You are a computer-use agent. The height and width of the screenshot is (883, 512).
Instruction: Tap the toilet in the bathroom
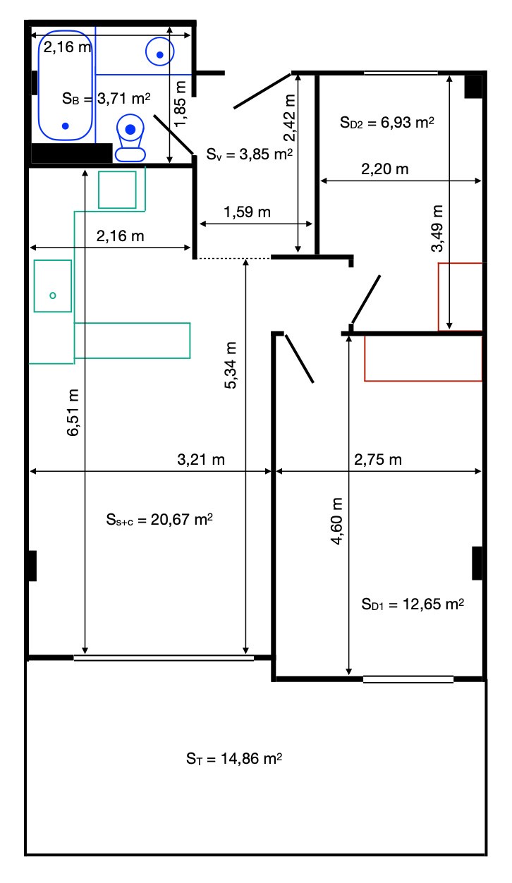pyautogui.click(x=130, y=138)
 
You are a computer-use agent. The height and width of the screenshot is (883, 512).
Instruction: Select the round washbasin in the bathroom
pyautogui.click(x=159, y=51)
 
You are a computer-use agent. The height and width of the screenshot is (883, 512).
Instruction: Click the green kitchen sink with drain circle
pyautogui.click(x=53, y=286)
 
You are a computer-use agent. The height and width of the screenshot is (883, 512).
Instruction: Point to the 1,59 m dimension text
pyautogui.click(x=247, y=212)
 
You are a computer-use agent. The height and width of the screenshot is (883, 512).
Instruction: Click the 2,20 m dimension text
pyautogui.click(x=384, y=169)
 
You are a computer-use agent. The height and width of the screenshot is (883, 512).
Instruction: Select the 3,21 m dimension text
pyautogui.click(x=201, y=459)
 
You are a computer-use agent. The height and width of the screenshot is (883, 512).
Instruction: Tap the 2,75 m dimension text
pyautogui.click(x=377, y=459)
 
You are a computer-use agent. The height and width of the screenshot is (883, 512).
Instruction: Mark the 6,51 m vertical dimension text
pyautogui.click(x=73, y=413)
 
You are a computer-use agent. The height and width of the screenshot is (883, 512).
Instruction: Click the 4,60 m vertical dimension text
pyautogui.click(x=336, y=521)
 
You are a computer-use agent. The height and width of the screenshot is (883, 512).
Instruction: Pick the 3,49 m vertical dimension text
pyautogui.click(x=437, y=229)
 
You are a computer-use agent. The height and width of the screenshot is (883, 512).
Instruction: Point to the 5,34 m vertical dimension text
pyautogui.click(x=231, y=365)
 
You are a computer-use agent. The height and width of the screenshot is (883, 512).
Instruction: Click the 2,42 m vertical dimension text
pyautogui.click(x=289, y=118)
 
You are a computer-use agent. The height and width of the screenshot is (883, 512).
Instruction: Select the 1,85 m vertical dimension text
pyautogui.click(x=180, y=104)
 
